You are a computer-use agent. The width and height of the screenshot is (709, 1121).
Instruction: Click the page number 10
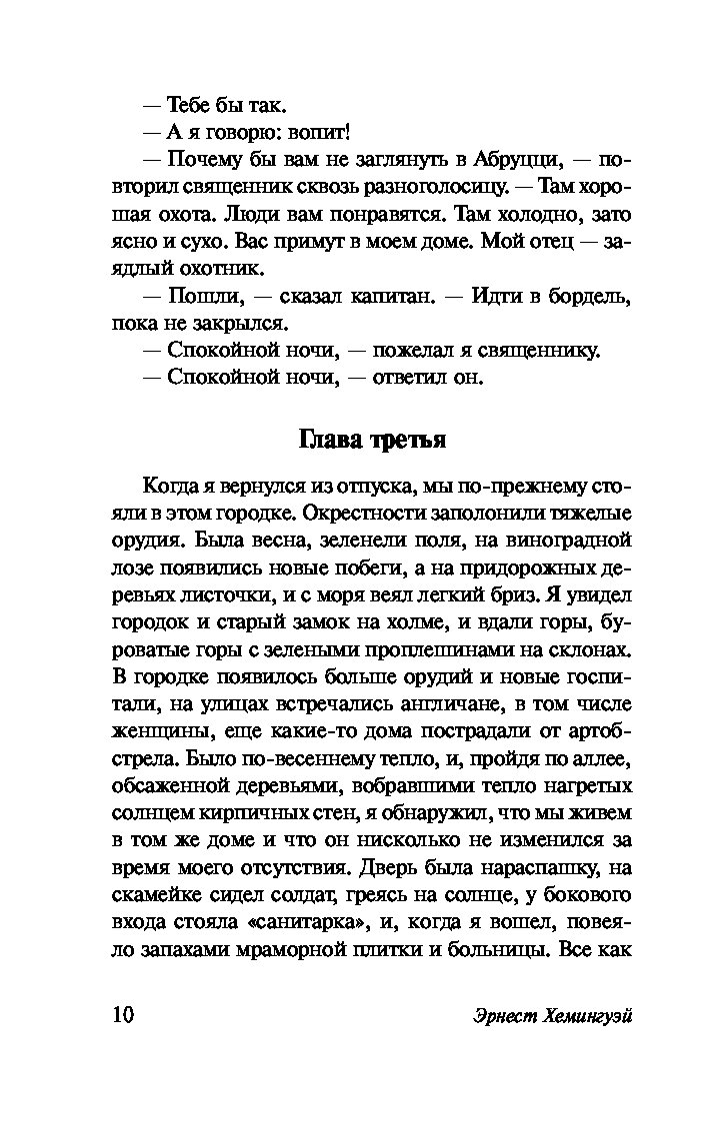pyautogui.click(x=115, y=1014)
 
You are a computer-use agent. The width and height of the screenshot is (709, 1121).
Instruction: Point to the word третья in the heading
pyautogui.click(x=409, y=440)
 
